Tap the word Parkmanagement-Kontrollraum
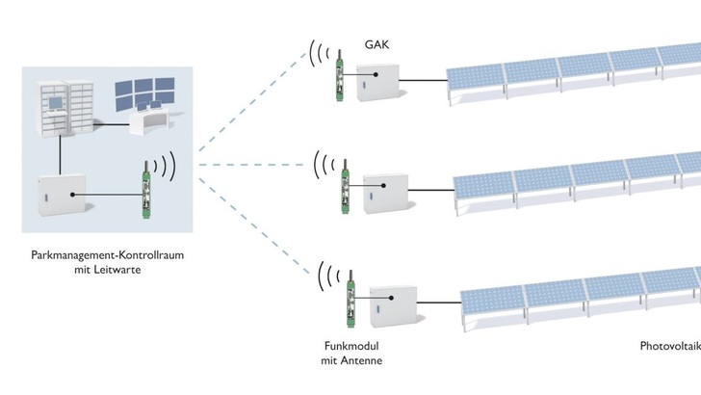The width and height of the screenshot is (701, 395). pos(109,255)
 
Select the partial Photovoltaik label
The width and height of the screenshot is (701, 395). pos(670,346)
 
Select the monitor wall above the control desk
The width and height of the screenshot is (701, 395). pos(147,95)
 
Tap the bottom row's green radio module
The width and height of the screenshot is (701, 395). pos(350,296)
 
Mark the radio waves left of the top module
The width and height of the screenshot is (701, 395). pos(318,55)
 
